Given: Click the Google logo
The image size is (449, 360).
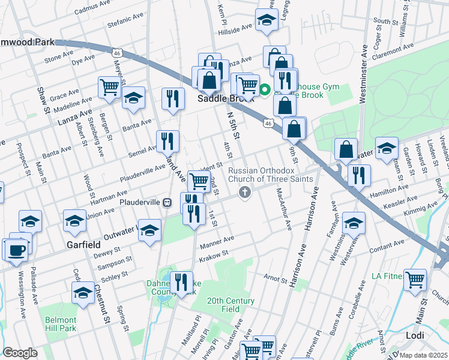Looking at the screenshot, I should point(20,353).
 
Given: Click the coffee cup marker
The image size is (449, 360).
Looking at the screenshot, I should point(16,249).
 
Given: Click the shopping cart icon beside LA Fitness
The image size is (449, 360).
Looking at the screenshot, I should point(415,279).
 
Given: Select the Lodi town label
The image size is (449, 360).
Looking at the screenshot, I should point(415,335).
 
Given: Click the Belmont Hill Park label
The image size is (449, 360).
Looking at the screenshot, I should point(60,324).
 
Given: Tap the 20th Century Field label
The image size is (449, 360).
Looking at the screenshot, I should point(231,305).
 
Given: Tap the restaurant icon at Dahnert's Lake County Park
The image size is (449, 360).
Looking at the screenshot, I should point(181,281).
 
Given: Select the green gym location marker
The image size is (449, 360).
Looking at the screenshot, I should point(263,92).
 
